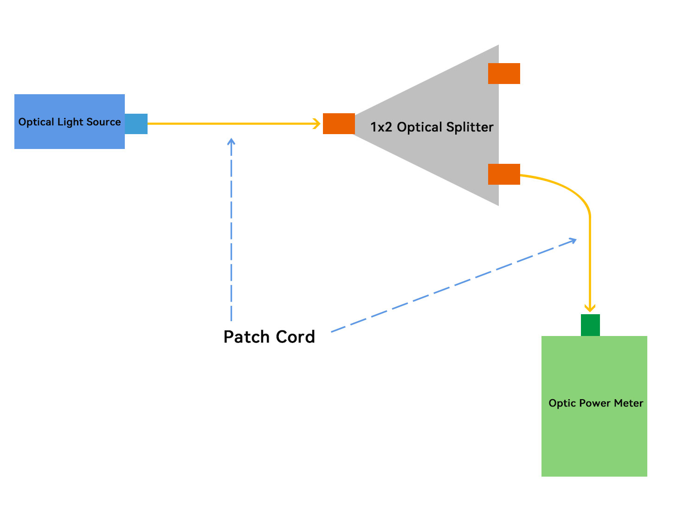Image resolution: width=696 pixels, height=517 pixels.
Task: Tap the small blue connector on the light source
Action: pyautogui.click(x=136, y=124)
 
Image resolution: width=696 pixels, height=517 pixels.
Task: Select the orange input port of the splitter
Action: pyautogui.click(x=339, y=124)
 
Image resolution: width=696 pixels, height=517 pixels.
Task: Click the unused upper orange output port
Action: pyautogui.click(x=504, y=74)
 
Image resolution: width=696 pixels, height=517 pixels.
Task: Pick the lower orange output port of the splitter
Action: pyautogui.click(x=504, y=174)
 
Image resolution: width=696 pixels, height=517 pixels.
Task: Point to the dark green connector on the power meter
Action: pyautogui.click(x=590, y=325)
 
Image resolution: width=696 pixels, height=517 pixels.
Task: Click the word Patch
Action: pyautogui.click(x=246, y=337)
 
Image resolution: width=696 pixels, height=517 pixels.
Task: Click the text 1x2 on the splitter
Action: pyautogui.click(x=381, y=127)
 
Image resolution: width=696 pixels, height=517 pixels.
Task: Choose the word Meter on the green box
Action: pyautogui.click(x=629, y=403)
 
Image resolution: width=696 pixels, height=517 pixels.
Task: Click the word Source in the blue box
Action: pyautogui.click(x=103, y=122)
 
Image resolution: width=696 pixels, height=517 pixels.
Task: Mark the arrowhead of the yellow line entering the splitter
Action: pyautogui.click(x=317, y=124)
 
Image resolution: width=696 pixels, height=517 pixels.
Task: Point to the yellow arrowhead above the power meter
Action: pyautogui.click(x=590, y=308)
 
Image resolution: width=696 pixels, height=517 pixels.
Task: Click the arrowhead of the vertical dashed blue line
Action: pyautogui.click(x=232, y=141)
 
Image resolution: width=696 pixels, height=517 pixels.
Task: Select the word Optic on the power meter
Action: pyautogui.click(x=562, y=403)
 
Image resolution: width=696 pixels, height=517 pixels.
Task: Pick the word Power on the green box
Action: pyautogui.click(x=596, y=403)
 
